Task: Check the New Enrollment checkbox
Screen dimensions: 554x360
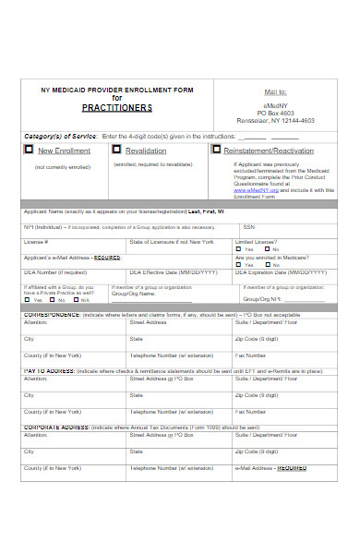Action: [30, 150]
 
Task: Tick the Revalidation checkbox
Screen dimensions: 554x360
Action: [116, 150]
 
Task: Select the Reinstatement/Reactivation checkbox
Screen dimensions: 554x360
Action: [216, 150]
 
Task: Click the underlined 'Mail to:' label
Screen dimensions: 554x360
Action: [276, 92]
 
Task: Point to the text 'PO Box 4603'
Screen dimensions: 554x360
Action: [276, 111]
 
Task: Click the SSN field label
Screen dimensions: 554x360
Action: [248, 226]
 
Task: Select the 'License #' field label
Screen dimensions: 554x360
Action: [36, 241]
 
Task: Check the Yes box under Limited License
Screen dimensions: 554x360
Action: [240, 249]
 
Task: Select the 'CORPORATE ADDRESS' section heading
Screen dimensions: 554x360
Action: [56, 427]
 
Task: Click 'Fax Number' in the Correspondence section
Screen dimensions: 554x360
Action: [251, 355]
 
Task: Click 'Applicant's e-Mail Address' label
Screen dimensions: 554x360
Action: [72, 258]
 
